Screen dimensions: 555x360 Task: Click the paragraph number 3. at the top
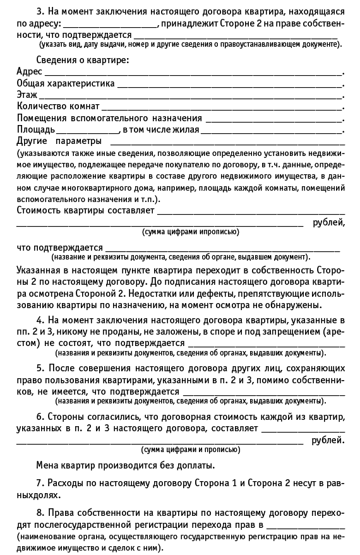[x=41, y=12]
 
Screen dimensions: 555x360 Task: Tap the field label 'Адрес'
[x=29, y=72]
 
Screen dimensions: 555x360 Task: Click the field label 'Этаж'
[x=27, y=95]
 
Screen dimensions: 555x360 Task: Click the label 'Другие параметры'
[x=59, y=141]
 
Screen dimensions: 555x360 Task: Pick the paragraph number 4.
[x=40, y=320]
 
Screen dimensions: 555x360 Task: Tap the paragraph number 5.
[x=40, y=367]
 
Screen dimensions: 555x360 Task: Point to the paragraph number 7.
[x=40, y=483]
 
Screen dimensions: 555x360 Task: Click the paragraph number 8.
[x=40, y=512]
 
